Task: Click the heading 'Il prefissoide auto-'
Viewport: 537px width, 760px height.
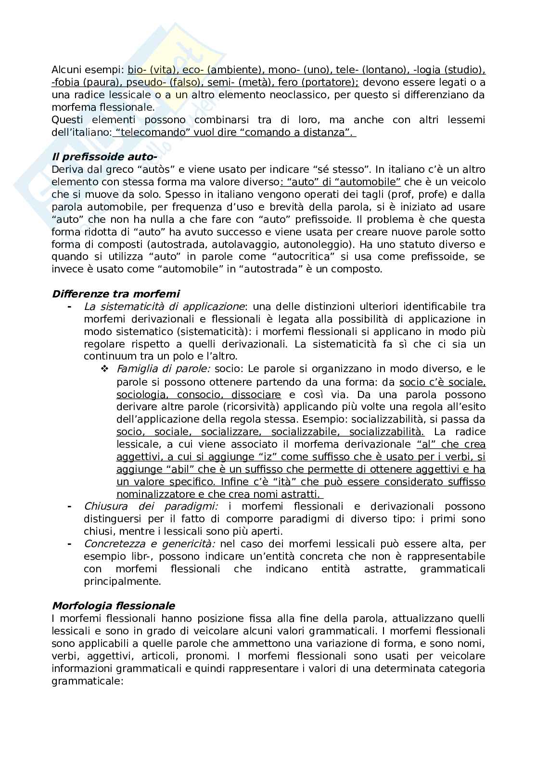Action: (104, 157)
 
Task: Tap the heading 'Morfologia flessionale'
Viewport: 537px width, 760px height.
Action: (113, 605)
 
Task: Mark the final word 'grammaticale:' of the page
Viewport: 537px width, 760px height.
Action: (88, 681)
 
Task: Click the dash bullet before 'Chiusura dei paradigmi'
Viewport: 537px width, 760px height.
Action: (70, 506)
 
